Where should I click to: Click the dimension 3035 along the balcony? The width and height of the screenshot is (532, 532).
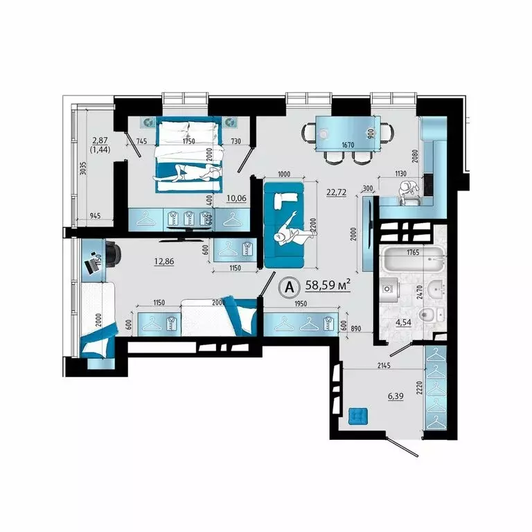82,171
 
